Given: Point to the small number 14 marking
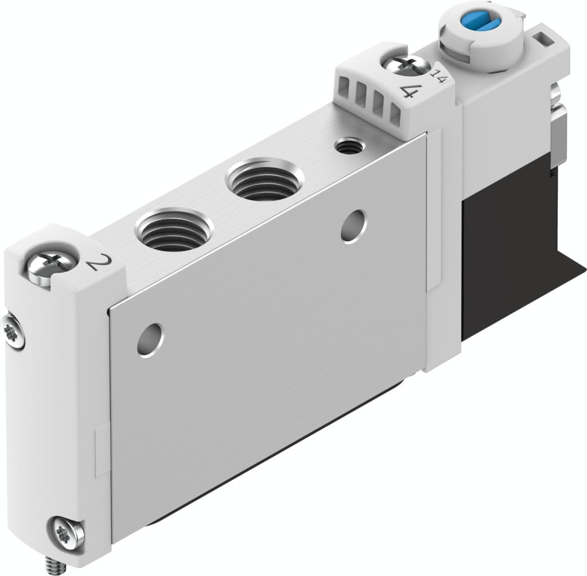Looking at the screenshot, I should click(x=438, y=75).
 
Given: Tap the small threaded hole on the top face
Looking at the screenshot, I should click(x=349, y=147).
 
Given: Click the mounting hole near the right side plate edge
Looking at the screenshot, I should click(x=353, y=227).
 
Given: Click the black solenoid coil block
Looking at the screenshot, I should click(x=507, y=247).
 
